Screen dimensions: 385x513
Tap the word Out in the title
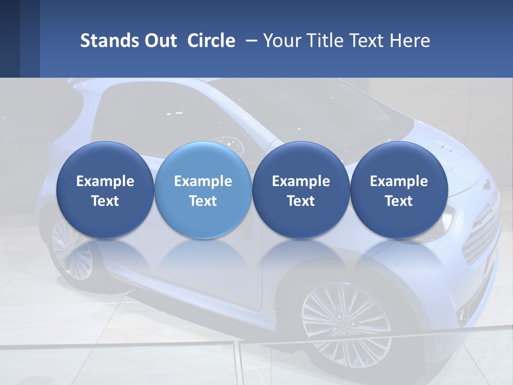click(x=160, y=41)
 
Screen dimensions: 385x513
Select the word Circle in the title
click(x=211, y=41)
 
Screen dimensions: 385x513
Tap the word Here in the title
click(x=410, y=41)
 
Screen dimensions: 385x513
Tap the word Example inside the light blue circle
click(x=203, y=181)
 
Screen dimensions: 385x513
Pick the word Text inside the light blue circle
click(x=203, y=201)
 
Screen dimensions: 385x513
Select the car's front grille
click(x=481, y=235)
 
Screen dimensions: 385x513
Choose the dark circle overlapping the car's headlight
click(x=399, y=190)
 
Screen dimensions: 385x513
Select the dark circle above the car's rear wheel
click(x=105, y=190)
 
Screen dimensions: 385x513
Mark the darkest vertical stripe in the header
click(x=10, y=38)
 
